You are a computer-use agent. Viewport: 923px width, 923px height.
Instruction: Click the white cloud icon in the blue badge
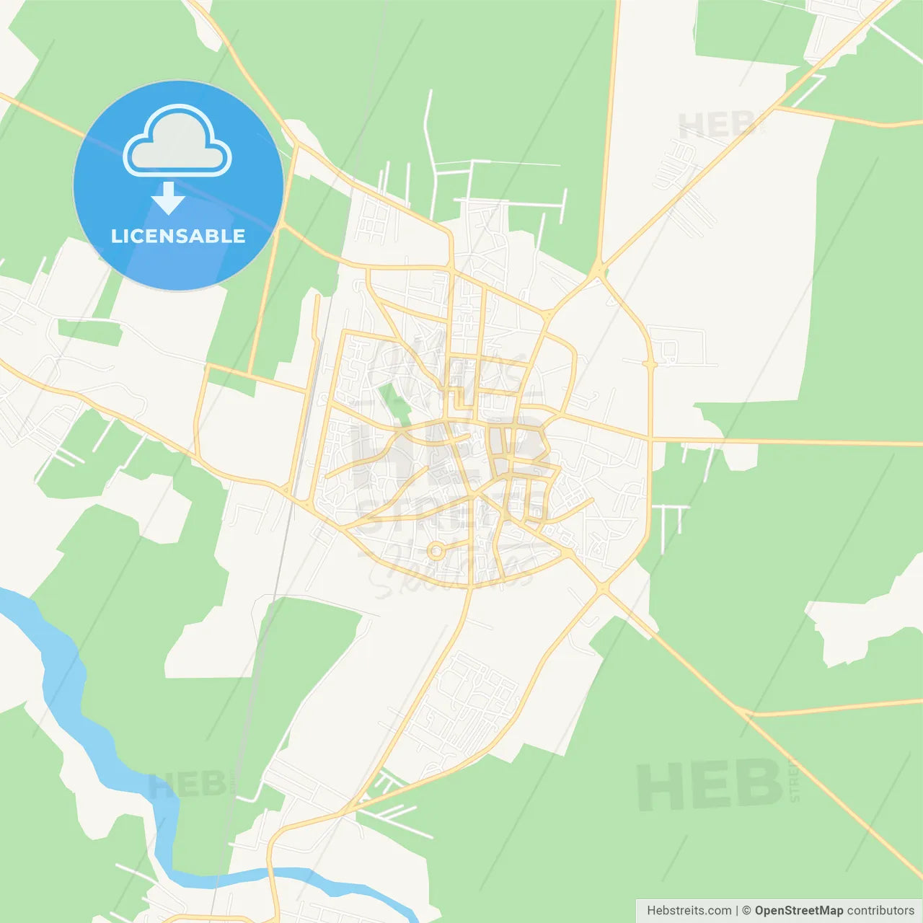177,141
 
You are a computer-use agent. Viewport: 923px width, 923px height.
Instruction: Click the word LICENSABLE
178,236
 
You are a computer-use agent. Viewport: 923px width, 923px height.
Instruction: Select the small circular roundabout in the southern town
435,552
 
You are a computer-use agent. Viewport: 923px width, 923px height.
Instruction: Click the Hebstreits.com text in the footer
689,911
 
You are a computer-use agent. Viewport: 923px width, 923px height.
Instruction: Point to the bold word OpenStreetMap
798,911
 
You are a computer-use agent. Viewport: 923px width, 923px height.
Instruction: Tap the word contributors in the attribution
880,911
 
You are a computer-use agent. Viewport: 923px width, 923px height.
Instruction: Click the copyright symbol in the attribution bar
746,911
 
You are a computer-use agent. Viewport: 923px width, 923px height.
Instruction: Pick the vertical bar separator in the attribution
737,911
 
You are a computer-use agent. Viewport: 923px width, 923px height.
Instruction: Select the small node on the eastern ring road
650,365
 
